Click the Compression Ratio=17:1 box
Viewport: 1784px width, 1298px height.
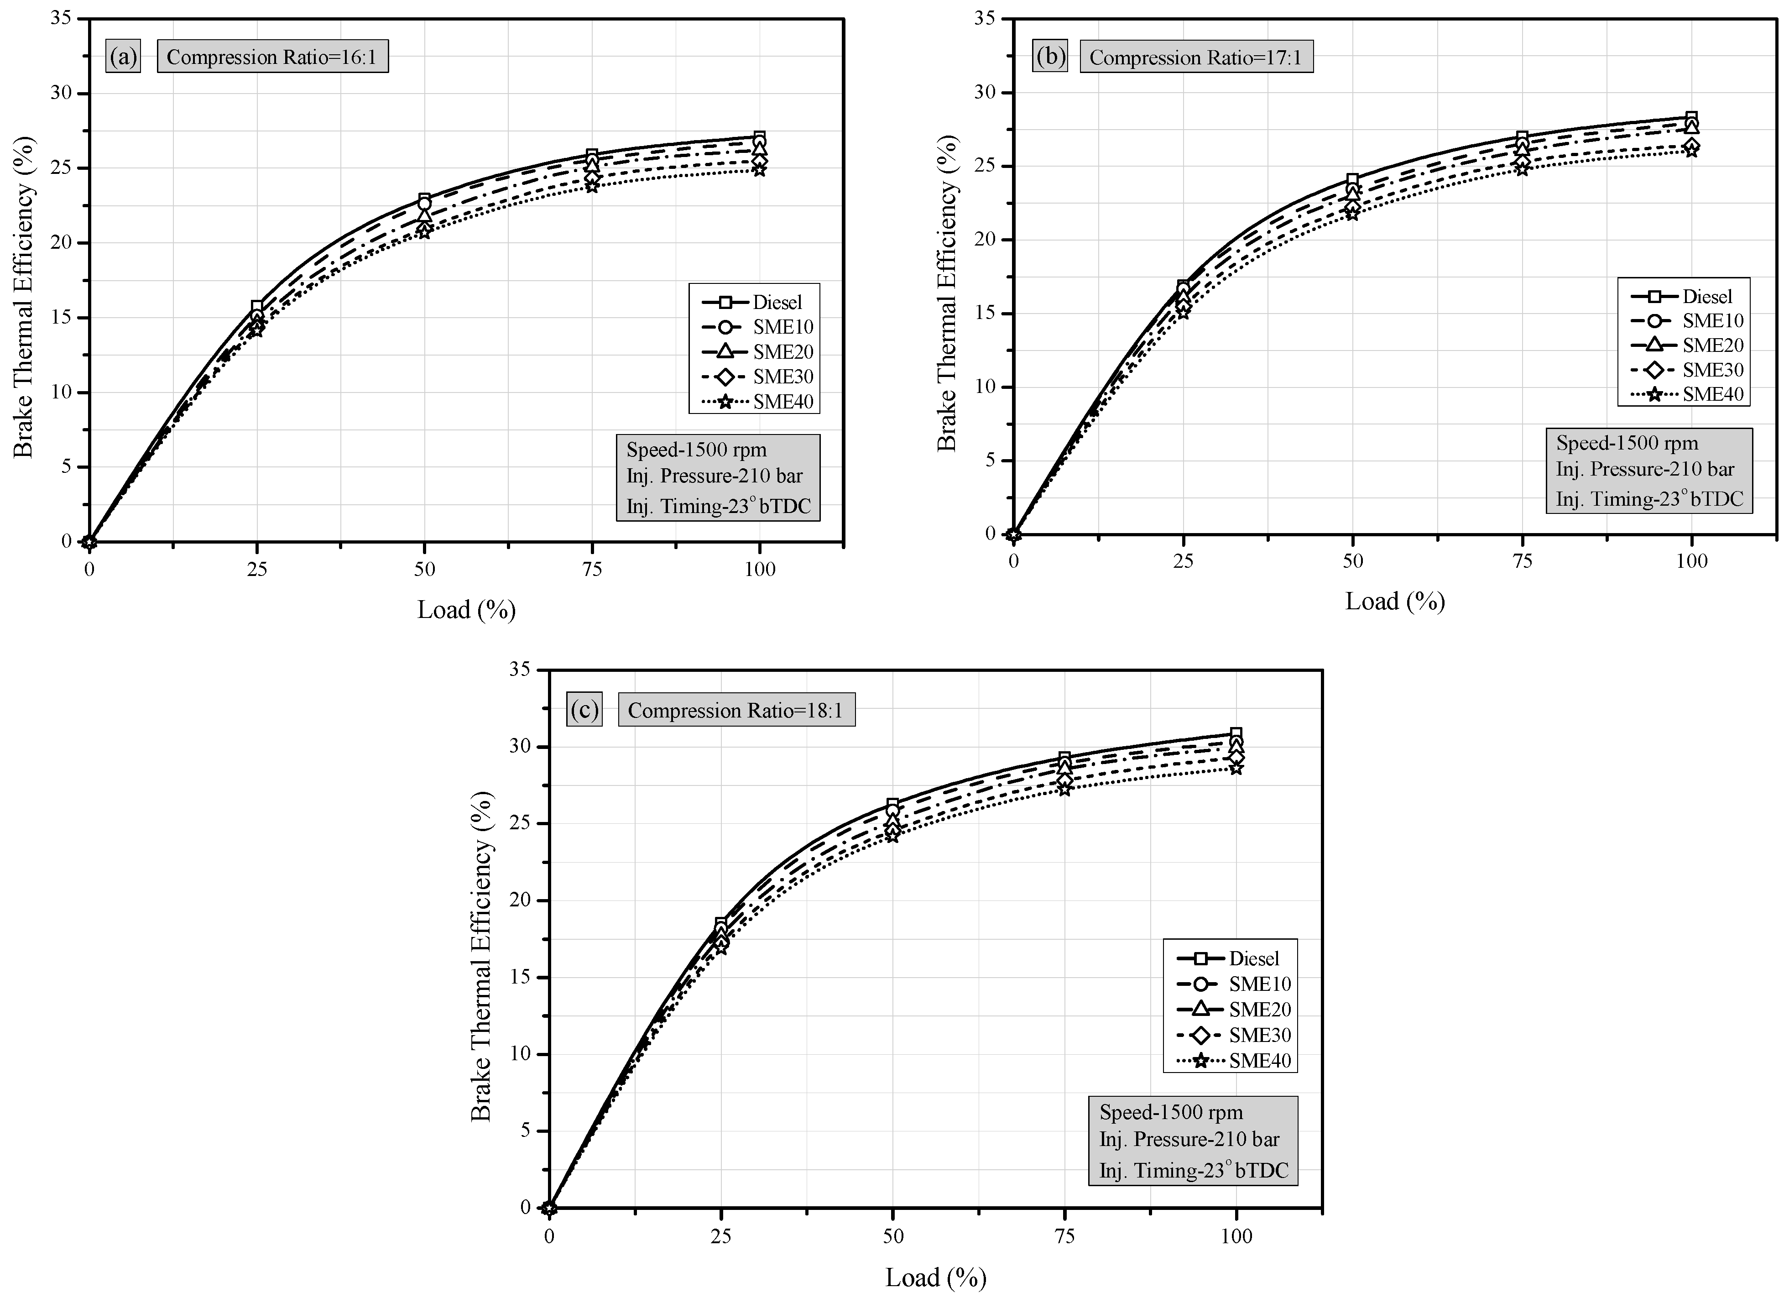[x=1195, y=58]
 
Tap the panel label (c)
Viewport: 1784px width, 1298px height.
[x=584, y=710]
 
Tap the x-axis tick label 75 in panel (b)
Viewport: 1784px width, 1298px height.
[x=1523, y=561]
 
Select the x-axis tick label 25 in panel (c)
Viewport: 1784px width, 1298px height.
[x=720, y=1235]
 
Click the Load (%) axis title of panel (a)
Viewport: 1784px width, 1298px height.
[x=466, y=610]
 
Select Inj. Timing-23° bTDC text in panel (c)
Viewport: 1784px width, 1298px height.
[x=1193, y=1171]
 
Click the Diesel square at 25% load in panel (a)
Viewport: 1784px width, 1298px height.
[x=256, y=307]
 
